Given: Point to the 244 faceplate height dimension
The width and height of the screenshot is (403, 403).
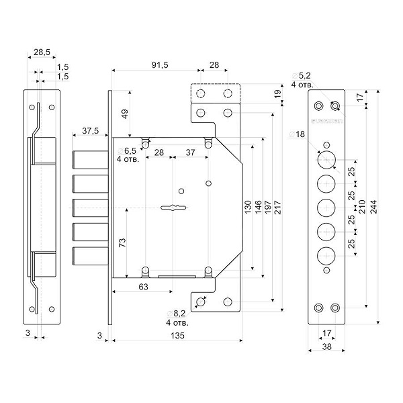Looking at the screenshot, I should [x=374, y=208].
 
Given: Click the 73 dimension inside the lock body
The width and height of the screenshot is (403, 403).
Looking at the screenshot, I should [x=122, y=243].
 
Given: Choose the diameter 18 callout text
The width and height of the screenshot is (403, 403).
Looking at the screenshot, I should [x=298, y=134].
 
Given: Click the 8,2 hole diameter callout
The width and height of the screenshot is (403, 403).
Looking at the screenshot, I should [x=178, y=314].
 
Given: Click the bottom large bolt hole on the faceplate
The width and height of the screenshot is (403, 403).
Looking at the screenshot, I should [x=326, y=255].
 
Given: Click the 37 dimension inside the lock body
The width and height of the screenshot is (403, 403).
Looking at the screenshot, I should [x=190, y=152].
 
